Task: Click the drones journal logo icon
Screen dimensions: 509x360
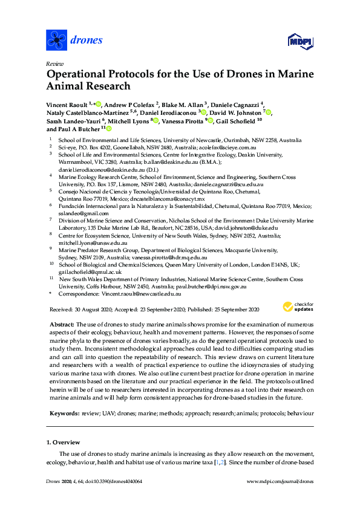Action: tap(56, 41)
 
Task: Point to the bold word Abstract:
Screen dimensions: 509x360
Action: tap(62, 325)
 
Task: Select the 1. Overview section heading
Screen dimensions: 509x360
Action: tap(65, 443)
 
